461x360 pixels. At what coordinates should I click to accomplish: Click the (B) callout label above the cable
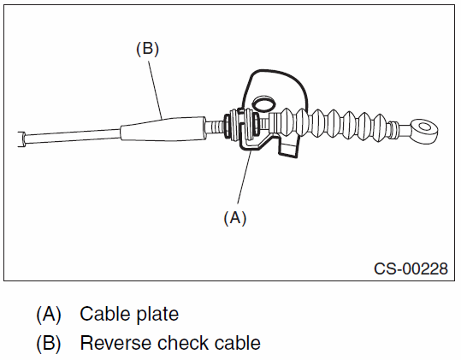click(147, 49)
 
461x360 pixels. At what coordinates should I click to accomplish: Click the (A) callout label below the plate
click(235, 218)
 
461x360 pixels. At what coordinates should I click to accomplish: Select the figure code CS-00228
click(411, 269)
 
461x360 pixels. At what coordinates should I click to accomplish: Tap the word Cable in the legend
click(102, 314)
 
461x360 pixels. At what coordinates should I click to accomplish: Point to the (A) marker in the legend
click(49, 314)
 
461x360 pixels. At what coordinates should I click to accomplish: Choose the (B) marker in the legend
click(49, 343)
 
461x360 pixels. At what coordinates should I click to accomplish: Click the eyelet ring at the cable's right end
click(424, 131)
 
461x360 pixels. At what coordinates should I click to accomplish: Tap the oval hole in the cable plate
click(263, 103)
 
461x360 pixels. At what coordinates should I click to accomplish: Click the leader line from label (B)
click(155, 90)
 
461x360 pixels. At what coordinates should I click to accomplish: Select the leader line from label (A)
click(244, 177)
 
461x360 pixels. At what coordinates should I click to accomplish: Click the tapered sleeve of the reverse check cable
click(163, 128)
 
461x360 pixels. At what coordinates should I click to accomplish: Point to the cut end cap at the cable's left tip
click(21, 139)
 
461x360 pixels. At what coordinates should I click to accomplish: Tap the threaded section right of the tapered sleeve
click(215, 127)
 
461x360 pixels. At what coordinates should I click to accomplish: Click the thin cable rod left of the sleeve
click(73, 136)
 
